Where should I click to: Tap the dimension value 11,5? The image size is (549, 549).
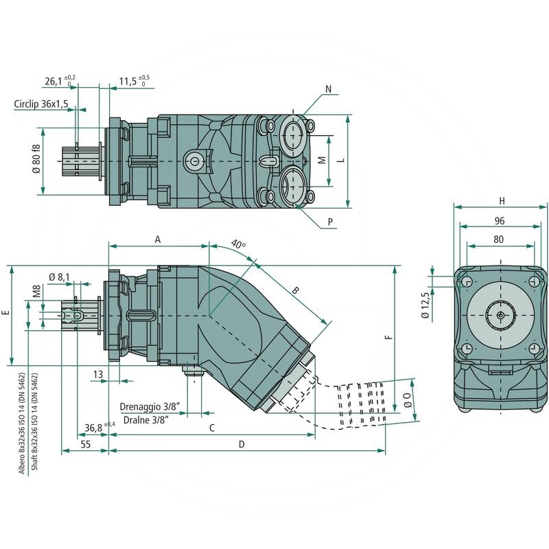point(128,81)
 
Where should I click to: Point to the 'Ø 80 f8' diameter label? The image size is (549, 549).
point(36,159)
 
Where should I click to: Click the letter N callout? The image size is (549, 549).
point(328,89)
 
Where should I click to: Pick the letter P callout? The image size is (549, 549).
point(330,222)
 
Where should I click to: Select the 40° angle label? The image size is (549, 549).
point(238,244)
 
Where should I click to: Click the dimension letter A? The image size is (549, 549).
point(158,240)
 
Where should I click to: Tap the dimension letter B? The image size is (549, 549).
point(296,290)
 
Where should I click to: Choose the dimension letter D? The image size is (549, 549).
point(242,444)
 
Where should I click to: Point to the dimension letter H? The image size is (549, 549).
point(502,200)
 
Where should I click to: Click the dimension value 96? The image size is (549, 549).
point(500,221)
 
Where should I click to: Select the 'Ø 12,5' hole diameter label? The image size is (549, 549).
point(425,305)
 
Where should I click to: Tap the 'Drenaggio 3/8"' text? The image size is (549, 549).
point(149,406)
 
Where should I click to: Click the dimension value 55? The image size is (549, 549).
point(86,445)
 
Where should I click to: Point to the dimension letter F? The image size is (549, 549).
point(388,337)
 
